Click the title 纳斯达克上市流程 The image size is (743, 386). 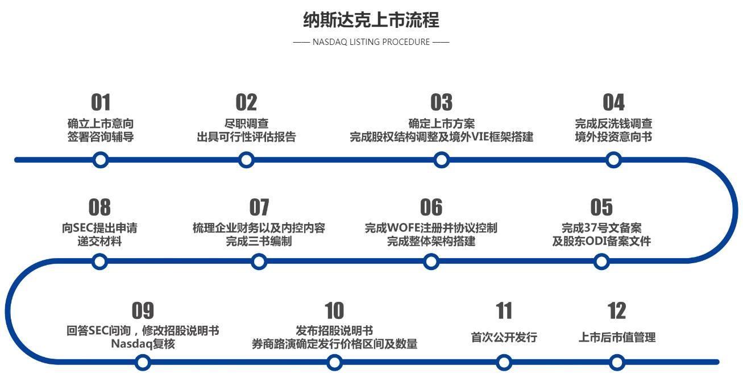[371, 20]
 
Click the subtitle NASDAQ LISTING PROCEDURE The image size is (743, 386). [371, 42]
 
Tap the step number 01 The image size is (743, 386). [101, 102]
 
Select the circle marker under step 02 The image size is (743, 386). [246, 160]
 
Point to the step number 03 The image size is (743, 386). [441, 102]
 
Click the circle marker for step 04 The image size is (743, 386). [613, 160]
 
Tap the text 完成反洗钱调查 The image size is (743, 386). [613, 123]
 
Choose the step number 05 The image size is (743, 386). [601, 207]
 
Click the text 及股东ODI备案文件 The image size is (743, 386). [601, 241]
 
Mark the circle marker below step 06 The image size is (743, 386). [431, 262]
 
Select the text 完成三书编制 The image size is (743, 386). [259, 241]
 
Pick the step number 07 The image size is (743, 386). [259, 207]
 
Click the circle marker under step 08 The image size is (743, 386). [99, 262]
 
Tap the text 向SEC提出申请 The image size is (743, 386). [99, 228]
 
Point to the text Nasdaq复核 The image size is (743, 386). [143, 344]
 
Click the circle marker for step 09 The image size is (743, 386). [143, 362]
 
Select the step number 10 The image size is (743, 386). [334, 311]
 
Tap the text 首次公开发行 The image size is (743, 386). [504, 337]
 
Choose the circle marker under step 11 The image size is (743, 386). [504, 362]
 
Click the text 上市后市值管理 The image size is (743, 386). [617, 337]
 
